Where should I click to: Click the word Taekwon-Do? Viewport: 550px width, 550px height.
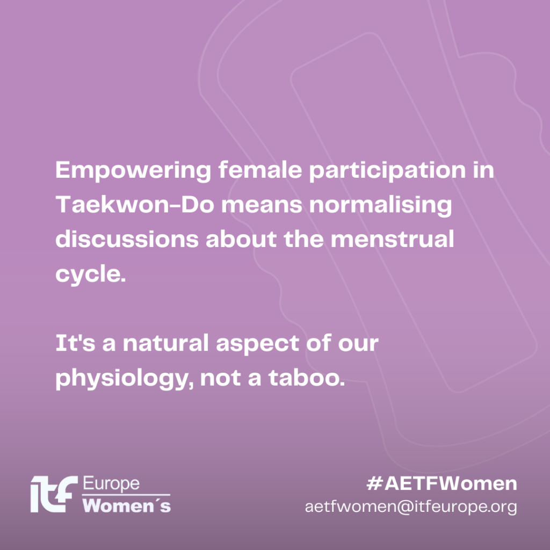pos(135,204)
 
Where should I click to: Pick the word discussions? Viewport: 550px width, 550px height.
pos(127,238)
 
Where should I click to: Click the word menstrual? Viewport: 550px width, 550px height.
pos(392,238)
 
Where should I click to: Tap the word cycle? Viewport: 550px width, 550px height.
pos(90,274)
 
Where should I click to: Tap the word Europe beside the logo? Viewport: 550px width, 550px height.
pos(111,484)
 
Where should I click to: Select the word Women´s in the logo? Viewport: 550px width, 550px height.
pos(127,505)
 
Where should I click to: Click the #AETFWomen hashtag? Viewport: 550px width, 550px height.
pos(442,483)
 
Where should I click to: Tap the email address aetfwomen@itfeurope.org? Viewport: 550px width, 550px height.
pos(411,507)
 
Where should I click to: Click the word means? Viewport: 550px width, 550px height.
pos(262,205)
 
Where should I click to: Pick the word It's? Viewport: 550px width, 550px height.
pos(75,343)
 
